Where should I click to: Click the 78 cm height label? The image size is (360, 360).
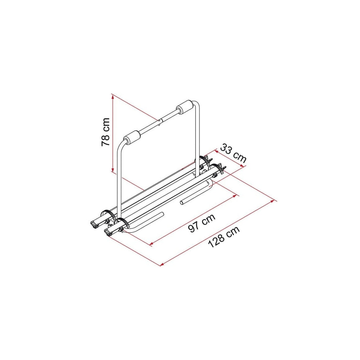105,132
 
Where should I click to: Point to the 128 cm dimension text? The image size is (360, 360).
224,237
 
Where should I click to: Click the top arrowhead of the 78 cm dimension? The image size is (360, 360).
112,98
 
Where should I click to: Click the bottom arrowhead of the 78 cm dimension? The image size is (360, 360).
112,169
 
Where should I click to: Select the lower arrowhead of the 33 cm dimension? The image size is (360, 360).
242,166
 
